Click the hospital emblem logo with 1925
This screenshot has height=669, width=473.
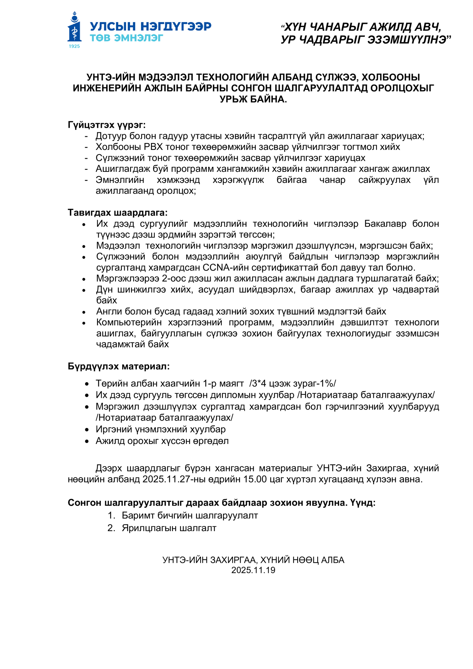point(74,30)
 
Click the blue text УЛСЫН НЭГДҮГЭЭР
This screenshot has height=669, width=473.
point(151,26)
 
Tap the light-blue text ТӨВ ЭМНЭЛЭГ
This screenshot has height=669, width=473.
point(126,38)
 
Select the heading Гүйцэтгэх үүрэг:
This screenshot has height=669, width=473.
point(107,125)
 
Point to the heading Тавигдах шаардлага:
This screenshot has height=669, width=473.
point(118,213)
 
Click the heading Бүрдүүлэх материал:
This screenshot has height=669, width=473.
point(119,366)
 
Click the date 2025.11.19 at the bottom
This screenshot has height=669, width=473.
point(253,570)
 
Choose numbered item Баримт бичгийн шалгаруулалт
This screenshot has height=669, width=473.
point(190,515)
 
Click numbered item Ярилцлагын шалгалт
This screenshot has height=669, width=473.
point(169,528)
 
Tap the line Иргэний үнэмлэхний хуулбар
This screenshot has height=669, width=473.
point(161,429)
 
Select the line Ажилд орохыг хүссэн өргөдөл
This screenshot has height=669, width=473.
point(162,441)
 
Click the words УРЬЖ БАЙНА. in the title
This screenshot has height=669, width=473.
point(253,99)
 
